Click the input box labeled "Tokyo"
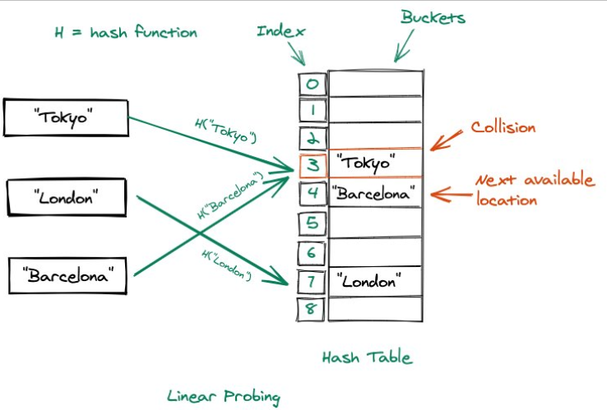66,117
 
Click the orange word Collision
503,127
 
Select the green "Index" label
281,31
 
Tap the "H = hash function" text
126,32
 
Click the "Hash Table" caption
366,357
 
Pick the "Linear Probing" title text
223,396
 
